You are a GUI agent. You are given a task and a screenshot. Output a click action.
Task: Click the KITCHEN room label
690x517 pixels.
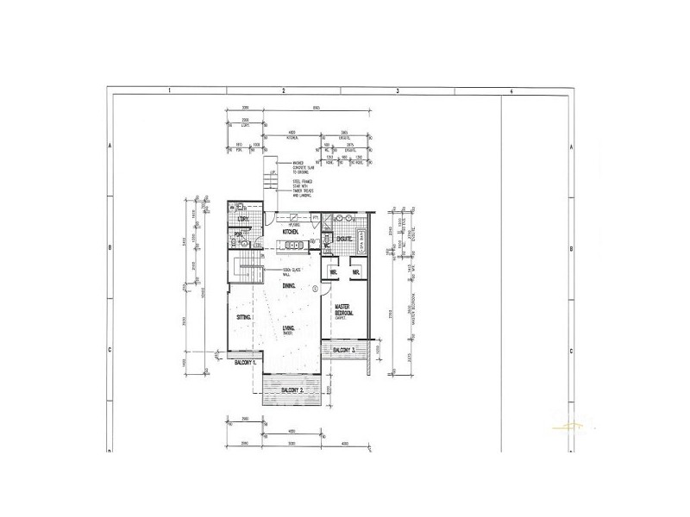coord(292,232)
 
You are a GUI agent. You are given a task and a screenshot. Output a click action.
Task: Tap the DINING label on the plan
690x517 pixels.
coord(289,285)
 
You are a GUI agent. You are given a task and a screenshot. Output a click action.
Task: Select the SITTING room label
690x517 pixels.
coord(244,318)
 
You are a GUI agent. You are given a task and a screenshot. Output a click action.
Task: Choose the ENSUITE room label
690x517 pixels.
coord(342,238)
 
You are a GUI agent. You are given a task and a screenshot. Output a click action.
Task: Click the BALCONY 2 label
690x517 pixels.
coord(292,390)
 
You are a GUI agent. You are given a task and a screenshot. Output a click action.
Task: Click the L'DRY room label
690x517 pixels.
coord(242,221)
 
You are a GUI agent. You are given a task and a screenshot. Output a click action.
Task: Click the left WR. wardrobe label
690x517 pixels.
coord(333,272)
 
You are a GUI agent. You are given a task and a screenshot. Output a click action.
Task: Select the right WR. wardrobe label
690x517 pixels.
coord(354,272)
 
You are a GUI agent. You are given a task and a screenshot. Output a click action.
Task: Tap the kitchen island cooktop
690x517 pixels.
coord(293,245)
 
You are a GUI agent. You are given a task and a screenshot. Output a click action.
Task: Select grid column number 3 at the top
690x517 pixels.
coord(397,90)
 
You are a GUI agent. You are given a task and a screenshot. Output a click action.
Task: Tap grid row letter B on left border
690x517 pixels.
coord(110,248)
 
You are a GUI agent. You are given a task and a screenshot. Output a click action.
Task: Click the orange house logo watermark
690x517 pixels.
coord(570,425)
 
